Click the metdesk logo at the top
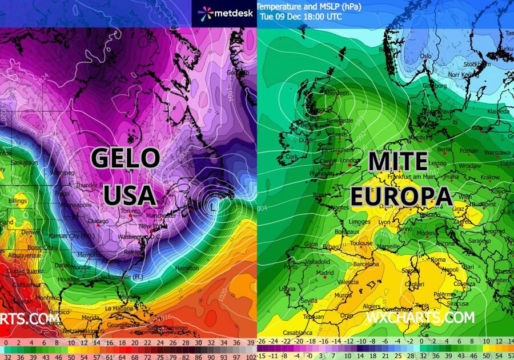point(223,13)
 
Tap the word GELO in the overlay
point(125,158)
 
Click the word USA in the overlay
point(130,195)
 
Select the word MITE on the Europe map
point(398,162)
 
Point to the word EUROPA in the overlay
point(401,197)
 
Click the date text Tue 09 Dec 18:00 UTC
point(301,17)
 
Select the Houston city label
point(68,279)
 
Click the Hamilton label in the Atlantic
point(187,268)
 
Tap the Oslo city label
point(425,56)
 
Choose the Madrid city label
point(325,273)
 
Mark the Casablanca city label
point(298,332)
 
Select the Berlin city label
point(445,149)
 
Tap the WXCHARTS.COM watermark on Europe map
point(420,317)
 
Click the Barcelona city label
point(365,264)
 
